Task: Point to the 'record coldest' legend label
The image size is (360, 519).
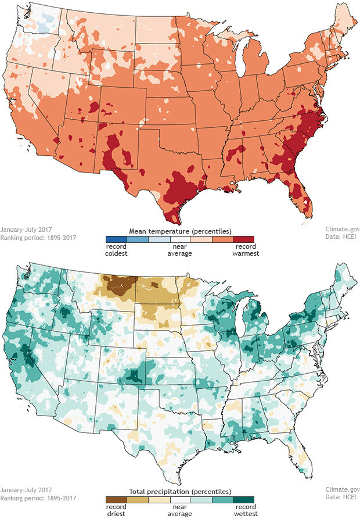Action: pos(116,249)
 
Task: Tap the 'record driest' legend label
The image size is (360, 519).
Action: pos(116,510)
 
